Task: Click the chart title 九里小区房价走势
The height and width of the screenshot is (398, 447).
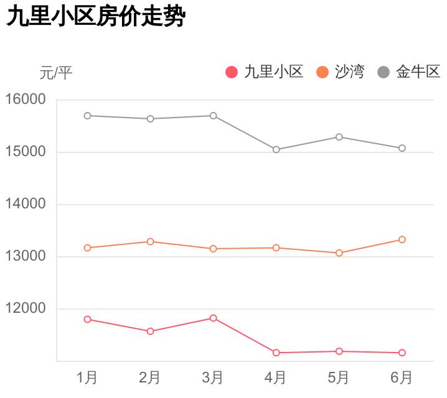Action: point(96,17)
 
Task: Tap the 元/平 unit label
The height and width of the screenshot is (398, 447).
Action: point(56,73)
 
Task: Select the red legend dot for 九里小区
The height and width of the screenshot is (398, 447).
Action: point(232,72)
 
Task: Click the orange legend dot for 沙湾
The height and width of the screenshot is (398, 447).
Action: point(322,72)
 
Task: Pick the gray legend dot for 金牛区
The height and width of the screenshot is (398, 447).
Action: point(383,72)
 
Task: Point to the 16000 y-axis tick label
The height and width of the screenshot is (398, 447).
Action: point(26,99)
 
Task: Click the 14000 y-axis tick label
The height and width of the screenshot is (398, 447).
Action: point(26,204)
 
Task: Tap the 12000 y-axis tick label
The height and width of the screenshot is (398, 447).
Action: point(26,308)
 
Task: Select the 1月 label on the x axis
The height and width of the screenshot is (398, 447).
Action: point(87,377)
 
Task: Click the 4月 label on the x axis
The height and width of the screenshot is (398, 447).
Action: point(276,377)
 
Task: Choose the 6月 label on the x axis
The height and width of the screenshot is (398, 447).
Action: point(402,377)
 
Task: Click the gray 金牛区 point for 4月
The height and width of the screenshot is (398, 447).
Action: point(276,149)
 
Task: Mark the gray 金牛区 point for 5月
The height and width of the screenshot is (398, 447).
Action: point(339,137)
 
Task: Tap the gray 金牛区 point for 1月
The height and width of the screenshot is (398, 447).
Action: point(87,116)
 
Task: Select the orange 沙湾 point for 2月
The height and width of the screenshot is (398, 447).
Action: point(150,241)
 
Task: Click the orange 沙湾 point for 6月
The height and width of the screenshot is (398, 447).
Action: point(402,239)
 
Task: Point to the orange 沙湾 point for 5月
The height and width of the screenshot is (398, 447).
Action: point(339,253)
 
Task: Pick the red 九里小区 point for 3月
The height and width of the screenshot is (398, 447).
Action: point(213,318)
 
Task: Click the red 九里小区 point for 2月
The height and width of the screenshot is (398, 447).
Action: point(150,331)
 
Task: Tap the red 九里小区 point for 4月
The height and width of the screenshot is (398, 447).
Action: point(276,353)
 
